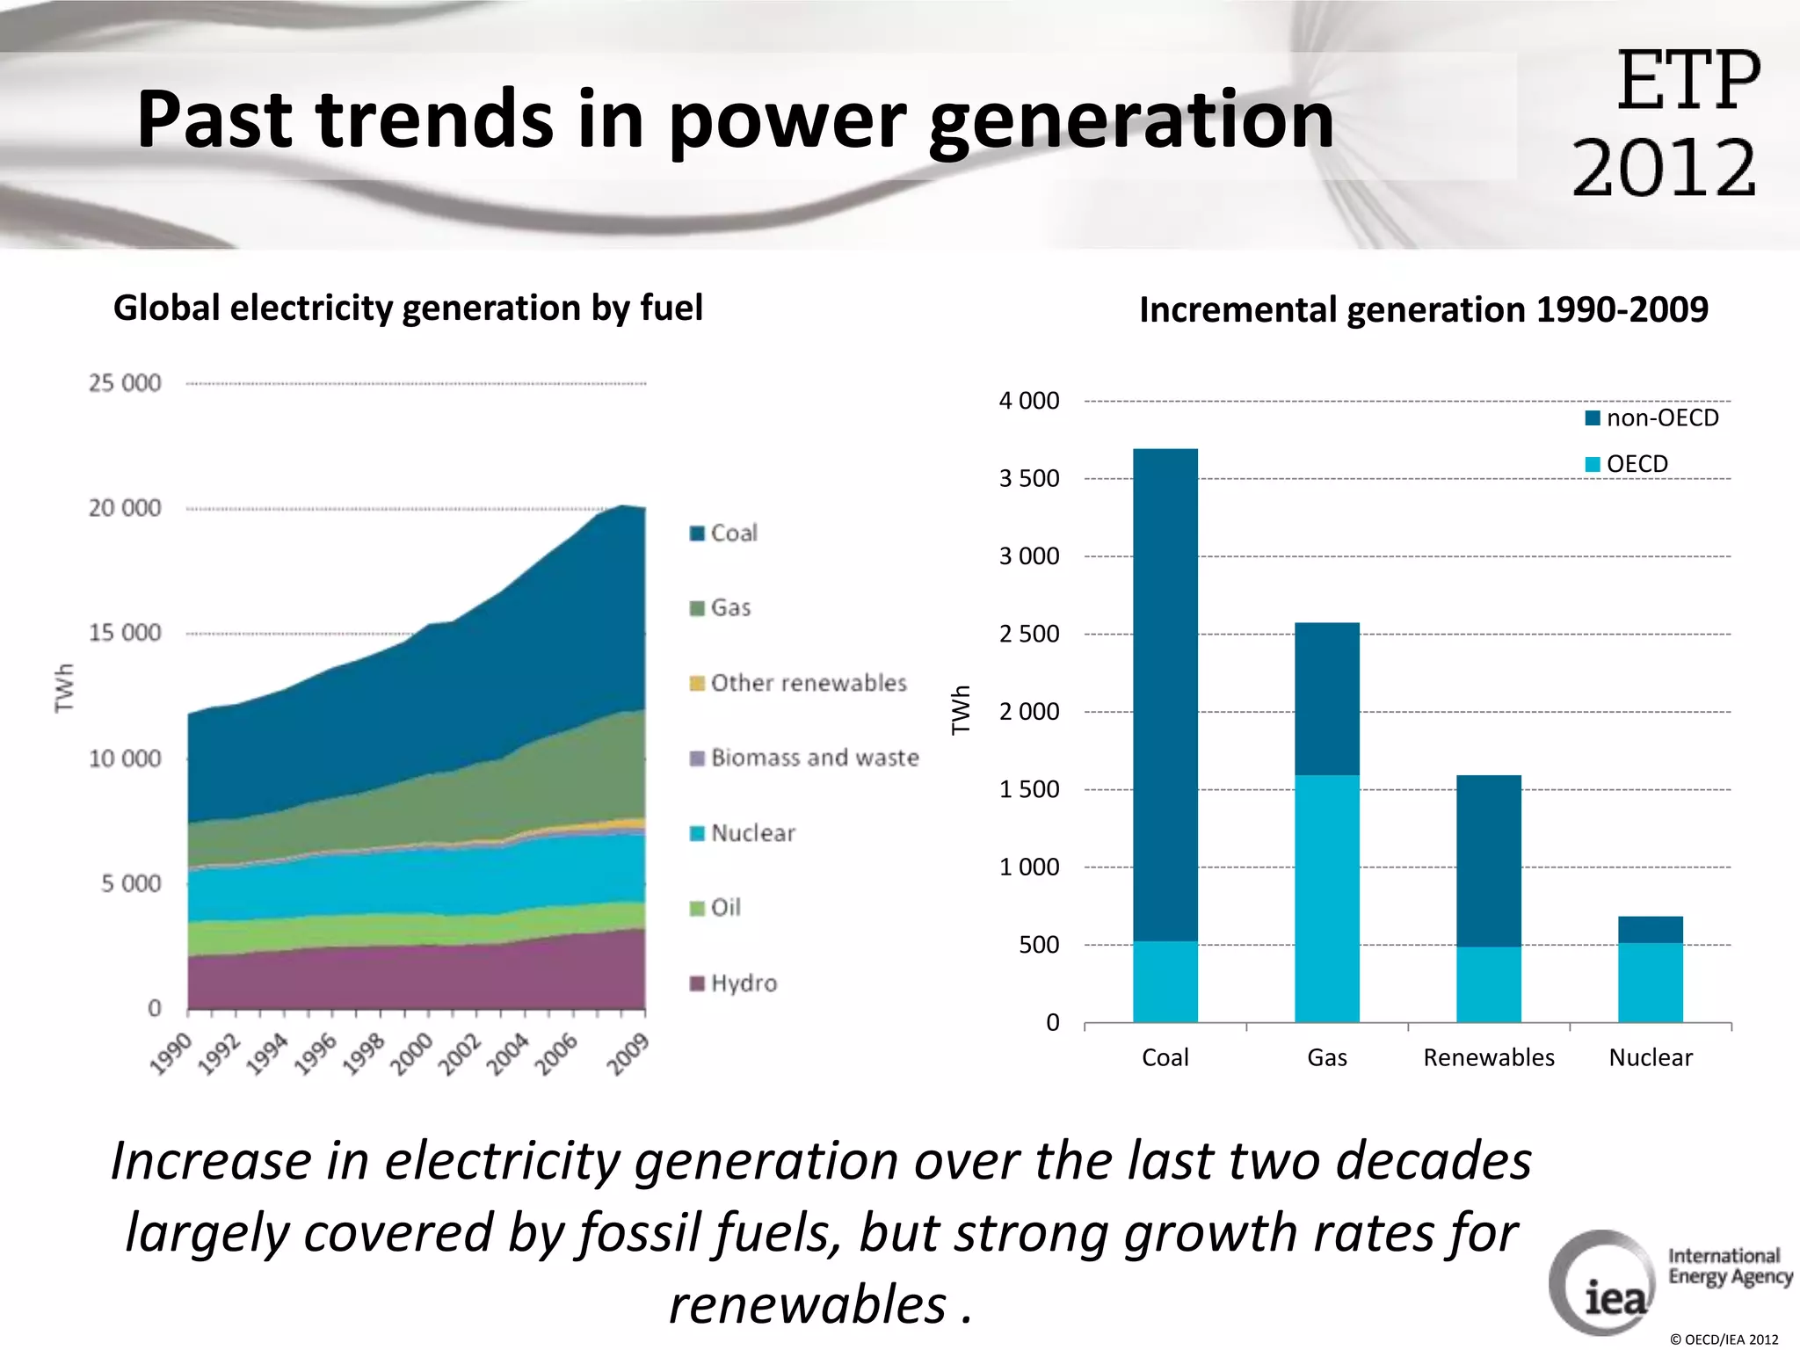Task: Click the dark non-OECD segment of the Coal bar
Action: tap(1165, 694)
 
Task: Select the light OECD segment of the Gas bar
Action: tap(1326, 898)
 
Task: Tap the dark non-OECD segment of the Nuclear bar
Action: tap(1650, 929)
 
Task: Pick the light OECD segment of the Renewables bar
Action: tap(1488, 984)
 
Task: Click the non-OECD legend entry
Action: tap(1652, 418)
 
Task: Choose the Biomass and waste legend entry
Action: tap(805, 758)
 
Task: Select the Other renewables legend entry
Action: tap(798, 683)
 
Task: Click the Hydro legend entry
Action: tap(735, 983)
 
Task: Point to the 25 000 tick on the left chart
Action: tap(125, 383)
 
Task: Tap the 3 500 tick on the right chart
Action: tap(1029, 479)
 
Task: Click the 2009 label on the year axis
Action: tap(628, 1054)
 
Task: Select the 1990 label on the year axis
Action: tap(171, 1054)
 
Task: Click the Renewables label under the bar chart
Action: tap(1488, 1057)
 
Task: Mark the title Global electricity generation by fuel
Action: tap(408, 308)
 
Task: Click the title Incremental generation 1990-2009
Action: tap(1423, 310)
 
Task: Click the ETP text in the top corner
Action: tap(1687, 81)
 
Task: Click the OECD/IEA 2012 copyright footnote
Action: tap(1724, 1339)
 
